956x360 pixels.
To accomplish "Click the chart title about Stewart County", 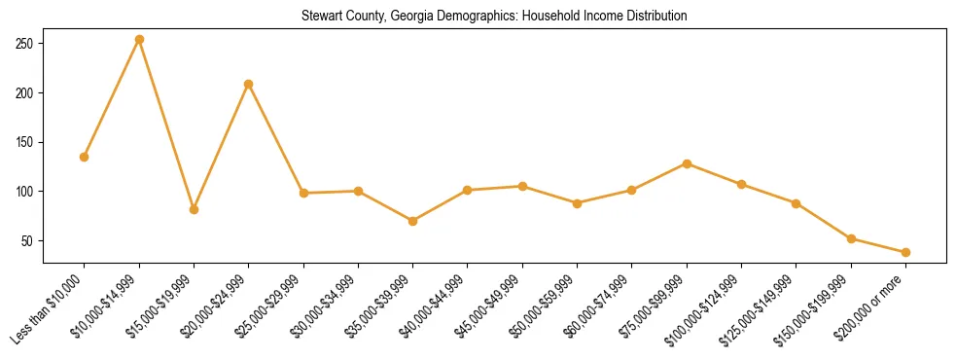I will [x=493, y=17].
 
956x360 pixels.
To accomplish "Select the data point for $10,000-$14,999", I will [x=139, y=40].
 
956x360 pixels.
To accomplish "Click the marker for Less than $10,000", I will [x=85, y=157].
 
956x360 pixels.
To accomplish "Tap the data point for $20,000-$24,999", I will [x=249, y=84].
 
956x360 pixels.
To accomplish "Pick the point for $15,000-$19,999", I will [x=194, y=209].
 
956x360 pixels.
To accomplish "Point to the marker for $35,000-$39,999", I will [x=413, y=221].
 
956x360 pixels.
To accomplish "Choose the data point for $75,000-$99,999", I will [x=687, y=163].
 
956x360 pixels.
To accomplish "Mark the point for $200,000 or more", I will [x=905, y=252].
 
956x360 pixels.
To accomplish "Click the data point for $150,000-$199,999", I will [x=851, y=238].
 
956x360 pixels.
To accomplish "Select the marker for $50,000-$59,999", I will [x=578, y=203].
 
